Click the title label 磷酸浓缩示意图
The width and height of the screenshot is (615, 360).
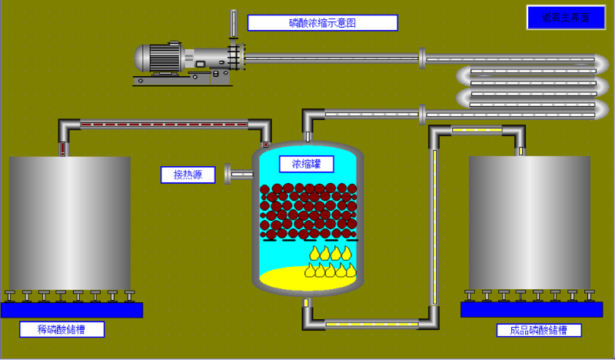click(x=322, y=23)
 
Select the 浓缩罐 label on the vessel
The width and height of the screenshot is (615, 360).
click(x=307, y=164)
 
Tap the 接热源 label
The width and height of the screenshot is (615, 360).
click(x=188, y=175)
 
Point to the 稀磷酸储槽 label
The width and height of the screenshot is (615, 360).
click(x=61, y=329)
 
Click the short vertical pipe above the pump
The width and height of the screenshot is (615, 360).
click(x=232, y=24)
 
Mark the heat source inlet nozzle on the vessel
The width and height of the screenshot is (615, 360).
click(x=238, y=174)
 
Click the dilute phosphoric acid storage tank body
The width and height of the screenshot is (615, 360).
click(x=71, y=223)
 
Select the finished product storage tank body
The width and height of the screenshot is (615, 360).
click(x=529, y=223)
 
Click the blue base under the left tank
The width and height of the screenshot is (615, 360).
click(x=71, y=309)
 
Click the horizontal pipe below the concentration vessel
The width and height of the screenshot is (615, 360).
click(x=369, y=324)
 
